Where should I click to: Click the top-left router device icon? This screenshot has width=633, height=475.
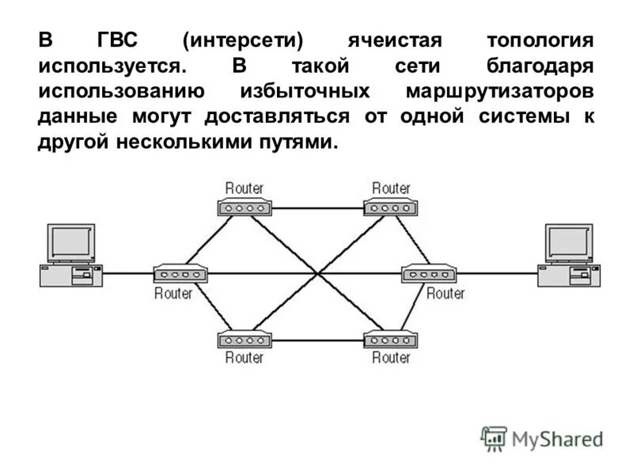pos(244,208)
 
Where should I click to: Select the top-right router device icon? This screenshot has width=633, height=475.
pos(391,208)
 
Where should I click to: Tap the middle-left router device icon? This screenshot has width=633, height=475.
pos(180,274)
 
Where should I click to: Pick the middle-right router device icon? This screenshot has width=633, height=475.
pos(429,274)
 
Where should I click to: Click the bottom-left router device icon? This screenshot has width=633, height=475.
pos(244,340)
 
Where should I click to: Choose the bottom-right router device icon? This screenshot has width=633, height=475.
pos(391,340)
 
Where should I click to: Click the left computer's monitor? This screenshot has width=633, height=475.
pos(71,242)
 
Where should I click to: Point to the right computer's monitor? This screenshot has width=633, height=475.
pos(569,242)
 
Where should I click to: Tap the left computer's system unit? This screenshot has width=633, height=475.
pos(71,275)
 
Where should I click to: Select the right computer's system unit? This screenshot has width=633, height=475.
pos(569,275)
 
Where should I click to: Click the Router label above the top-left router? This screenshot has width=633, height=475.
pos(244,188)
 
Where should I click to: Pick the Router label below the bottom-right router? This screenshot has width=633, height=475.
pos(391,358)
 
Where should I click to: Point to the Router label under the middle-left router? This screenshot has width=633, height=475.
pos(173,293)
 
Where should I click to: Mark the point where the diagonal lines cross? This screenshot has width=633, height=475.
pos(318,274)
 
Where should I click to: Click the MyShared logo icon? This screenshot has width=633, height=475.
pos(494,438)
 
